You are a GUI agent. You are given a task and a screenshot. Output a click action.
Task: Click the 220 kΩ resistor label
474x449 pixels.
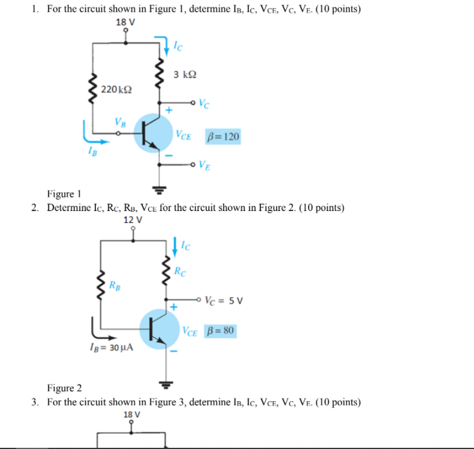(x=116, y=90)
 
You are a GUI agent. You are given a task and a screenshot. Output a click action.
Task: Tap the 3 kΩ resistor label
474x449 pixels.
(x=185, y=75)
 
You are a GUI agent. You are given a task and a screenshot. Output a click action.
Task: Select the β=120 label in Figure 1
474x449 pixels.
(x=223, y=137)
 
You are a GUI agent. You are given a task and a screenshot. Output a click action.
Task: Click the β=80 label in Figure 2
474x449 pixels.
(x=220, y=331)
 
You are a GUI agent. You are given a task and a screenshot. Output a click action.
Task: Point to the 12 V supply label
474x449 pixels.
(x=133, y=220)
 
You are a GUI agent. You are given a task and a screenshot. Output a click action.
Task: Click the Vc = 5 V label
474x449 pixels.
(x=224, y=299)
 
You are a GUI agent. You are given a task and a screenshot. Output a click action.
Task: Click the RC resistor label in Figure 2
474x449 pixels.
(x=181, y=272)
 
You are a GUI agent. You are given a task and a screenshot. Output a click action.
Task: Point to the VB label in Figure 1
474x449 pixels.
(x=120, y=123)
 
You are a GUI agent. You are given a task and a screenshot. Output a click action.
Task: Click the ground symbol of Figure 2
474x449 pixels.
(x=167, y=384)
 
